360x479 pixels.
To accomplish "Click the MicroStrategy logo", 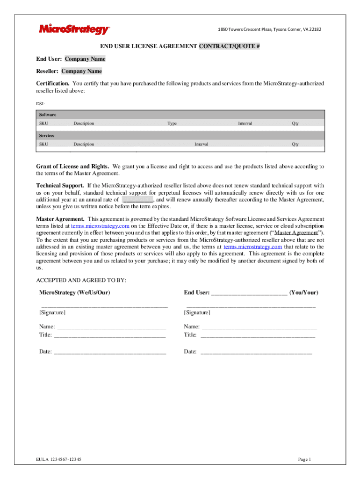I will [x=74, y=29].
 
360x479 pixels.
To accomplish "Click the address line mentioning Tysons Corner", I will [x=270, y=30].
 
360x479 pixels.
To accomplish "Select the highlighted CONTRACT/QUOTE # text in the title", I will [x=230, y=46].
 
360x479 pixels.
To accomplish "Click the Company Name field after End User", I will [x=85, y=59].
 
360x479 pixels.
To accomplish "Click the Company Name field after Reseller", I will [x=82, y=71].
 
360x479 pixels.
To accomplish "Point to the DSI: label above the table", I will [x=41, y=103].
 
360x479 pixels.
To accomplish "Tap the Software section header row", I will [x=180, y=115].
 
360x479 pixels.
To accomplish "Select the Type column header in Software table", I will [x=172, y=123].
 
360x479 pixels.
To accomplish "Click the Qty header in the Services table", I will [x=295, y=144].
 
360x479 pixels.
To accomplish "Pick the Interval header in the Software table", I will [x=245, y=123].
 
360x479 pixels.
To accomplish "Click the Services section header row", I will [x=180, y=135].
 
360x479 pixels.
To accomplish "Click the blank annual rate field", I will [x=137, y=199].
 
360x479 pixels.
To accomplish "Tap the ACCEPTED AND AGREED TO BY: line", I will [x=81, y=280].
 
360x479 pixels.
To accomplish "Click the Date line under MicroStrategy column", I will [x=110, y=352].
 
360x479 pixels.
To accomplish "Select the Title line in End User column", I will [x=257, y=335].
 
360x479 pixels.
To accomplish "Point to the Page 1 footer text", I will [x=304, y=459].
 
